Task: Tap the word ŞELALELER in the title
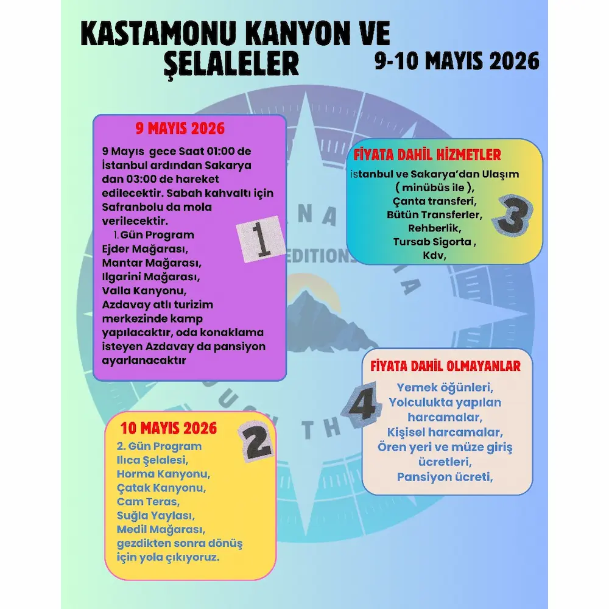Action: [231, 63]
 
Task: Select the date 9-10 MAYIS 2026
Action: [457, 61]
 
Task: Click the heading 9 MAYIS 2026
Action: [180, 128]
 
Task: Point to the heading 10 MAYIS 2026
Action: [168, 428]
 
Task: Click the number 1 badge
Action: [261, 239]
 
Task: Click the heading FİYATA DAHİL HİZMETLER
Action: [428, 154]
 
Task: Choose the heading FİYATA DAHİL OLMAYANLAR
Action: [445, 366]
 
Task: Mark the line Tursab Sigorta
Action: [434, 242]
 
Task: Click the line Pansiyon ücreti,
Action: [445, 477]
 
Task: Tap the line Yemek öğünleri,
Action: [445, 387]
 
